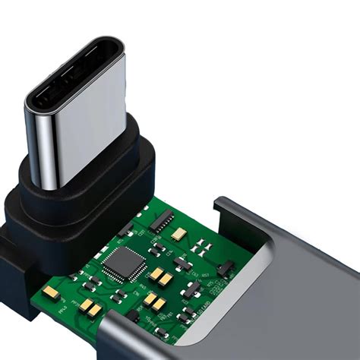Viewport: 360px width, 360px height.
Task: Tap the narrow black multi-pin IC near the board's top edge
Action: pos(161,222)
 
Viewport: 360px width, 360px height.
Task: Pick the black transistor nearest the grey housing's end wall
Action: pos(224,267)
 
